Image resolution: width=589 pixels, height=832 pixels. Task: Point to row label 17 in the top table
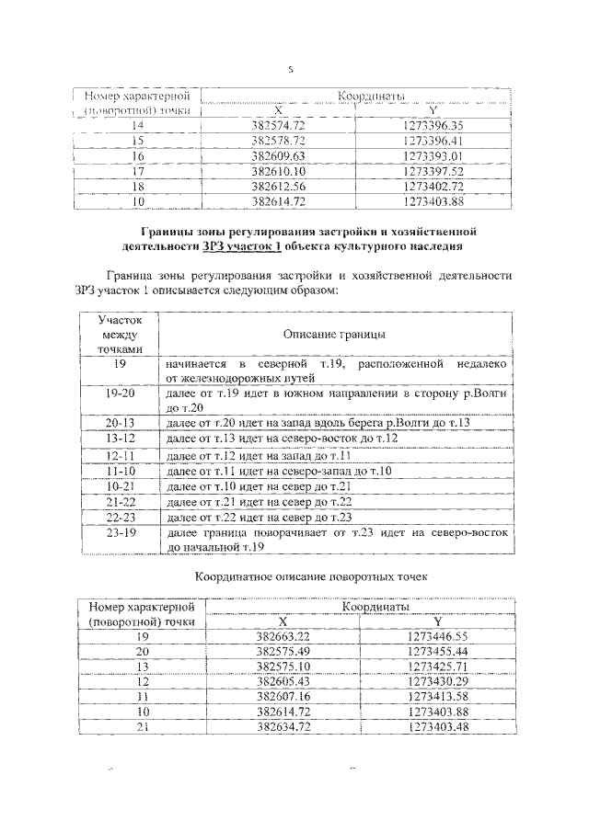[138, 171]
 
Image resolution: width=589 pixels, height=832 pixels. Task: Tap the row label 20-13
[121, 422]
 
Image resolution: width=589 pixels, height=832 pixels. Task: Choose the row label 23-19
[121, 532]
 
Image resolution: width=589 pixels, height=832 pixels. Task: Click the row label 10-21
[121, 484]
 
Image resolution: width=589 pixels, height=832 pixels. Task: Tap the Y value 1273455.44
[437, 651]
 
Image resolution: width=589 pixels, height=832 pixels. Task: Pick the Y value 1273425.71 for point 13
[437, 666]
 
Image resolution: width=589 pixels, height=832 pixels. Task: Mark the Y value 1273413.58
[437, 696]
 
